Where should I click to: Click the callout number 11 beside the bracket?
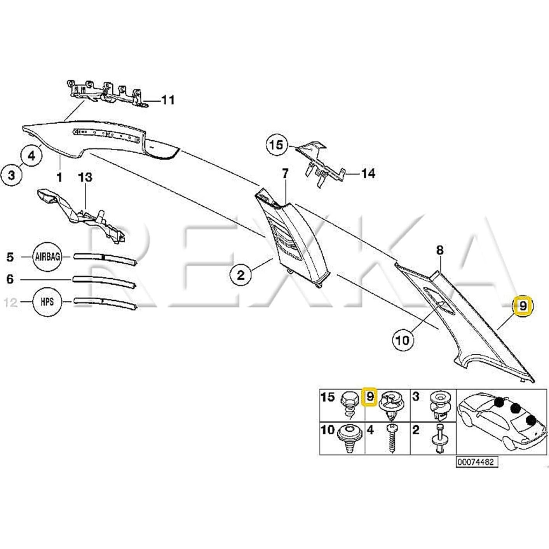(x=168, y=100)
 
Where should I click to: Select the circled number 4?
(x=31, y=156)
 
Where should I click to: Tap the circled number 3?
(x=12, y=175)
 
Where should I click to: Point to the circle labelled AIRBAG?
(x=47, y=257)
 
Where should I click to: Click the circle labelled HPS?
(x=47, y=302)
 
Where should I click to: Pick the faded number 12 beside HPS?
(x=11, y=302)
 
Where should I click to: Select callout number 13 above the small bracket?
(x=85, y=178)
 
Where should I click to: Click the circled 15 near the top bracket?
(x=277, y=146)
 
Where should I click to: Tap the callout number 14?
(x=368, y=173)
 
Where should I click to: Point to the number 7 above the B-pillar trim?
(x=285, y=174)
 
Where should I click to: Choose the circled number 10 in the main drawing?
(x=403, y=340)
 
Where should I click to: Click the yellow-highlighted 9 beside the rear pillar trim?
(x=523, y=306)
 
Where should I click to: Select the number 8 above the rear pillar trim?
(x=439, y=250)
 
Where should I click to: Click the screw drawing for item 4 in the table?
(x=392, y=439)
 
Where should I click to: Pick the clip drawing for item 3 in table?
(x=439, y=406)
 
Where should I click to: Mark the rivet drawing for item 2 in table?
(x=439, y=439)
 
